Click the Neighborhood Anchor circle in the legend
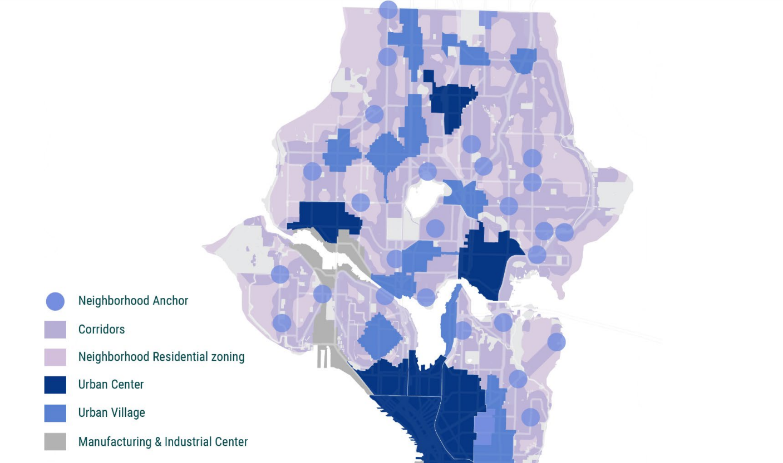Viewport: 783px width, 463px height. pos(55,301)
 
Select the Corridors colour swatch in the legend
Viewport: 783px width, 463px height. pos(55,330)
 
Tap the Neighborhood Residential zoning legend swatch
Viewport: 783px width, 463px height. pos(55,357)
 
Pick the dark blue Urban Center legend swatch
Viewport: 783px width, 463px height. pos(55,385)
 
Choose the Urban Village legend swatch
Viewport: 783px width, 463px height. pos(55,413)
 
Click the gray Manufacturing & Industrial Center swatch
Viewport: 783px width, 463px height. pos(55,442)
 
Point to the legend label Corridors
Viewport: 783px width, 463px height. pos(101,330)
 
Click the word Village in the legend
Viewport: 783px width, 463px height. pos(127,413)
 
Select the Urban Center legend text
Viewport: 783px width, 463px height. pos(111,385)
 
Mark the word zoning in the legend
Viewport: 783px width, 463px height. pos(226,357)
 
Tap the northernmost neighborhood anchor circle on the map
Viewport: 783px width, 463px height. pos(388,9)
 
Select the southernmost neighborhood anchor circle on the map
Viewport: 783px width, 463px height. pos(530,417)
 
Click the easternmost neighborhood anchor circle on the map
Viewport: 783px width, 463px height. pos(564,232)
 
